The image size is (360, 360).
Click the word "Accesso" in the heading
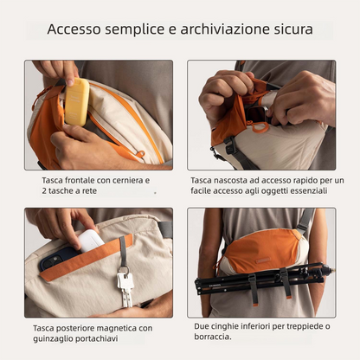[74, 29]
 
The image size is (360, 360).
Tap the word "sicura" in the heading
[289, 29]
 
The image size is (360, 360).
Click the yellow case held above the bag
[76, 101]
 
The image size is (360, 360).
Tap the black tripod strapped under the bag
[260, 279]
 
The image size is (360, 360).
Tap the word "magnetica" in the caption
[108, 328]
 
